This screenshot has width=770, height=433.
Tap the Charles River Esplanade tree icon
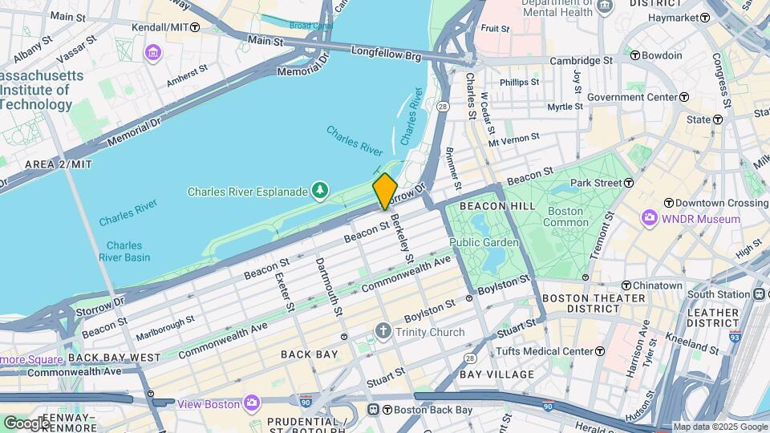click(320, 190)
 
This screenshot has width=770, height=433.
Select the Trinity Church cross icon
click(383, 331)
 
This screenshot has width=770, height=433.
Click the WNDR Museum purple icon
click(650, 218)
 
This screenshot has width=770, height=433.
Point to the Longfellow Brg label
click(386, 54)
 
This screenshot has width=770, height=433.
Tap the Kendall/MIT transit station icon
click(195, 26)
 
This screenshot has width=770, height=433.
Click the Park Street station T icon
click(631, 183)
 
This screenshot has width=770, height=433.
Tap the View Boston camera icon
click(252, 403)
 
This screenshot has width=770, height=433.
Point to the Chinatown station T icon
click(626, 285)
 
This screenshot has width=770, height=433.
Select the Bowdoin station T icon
click(634, 55)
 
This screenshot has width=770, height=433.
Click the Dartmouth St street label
click(330, 285)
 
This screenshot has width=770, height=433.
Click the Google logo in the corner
click(26, 423)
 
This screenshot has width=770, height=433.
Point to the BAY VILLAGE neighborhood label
click(497, 374)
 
